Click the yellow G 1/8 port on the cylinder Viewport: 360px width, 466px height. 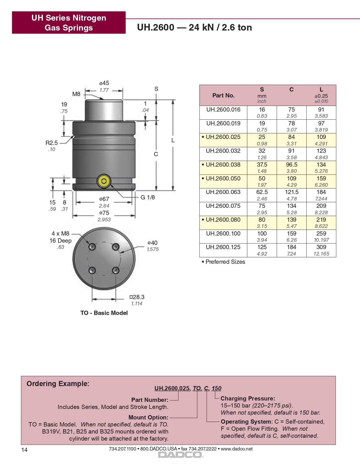(104, 181)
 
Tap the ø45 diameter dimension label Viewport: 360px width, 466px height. (104, 83)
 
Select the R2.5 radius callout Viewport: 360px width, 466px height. (52, 143)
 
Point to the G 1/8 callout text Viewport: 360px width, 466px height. (148, 197)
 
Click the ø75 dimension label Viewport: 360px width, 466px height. (104, 213)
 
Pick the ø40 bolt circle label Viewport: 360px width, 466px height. (152, 243)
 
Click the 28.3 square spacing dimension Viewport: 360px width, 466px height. (137, 297)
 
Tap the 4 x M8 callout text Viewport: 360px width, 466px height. (60, 234)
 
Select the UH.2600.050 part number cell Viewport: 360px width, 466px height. (223, 178)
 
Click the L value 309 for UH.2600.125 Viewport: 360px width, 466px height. (321, 247)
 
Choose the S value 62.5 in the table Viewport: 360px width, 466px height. (262, 192)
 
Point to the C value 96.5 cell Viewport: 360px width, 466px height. (292, 165)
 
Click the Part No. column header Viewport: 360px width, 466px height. (223, 95)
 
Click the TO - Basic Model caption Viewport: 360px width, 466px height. (104, 313)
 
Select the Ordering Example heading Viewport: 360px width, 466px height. (58, 384)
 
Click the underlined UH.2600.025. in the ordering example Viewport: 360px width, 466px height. (173, 388)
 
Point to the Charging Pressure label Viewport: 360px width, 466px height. (248, 399)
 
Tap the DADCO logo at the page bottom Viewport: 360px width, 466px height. (180, 455)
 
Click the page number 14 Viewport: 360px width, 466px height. (25, 450)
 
